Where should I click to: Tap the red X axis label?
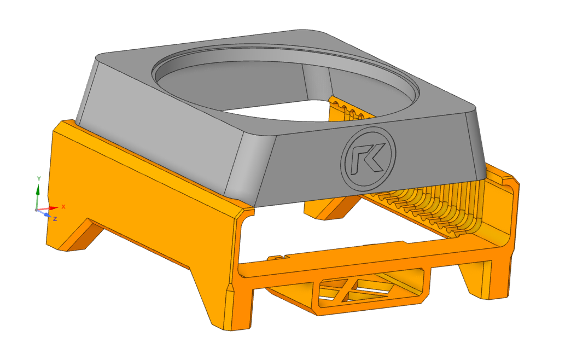pos(63,207)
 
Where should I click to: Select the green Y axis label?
pos(39,178)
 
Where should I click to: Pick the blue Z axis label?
pos(55,219)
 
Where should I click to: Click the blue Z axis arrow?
pos(44,213)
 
